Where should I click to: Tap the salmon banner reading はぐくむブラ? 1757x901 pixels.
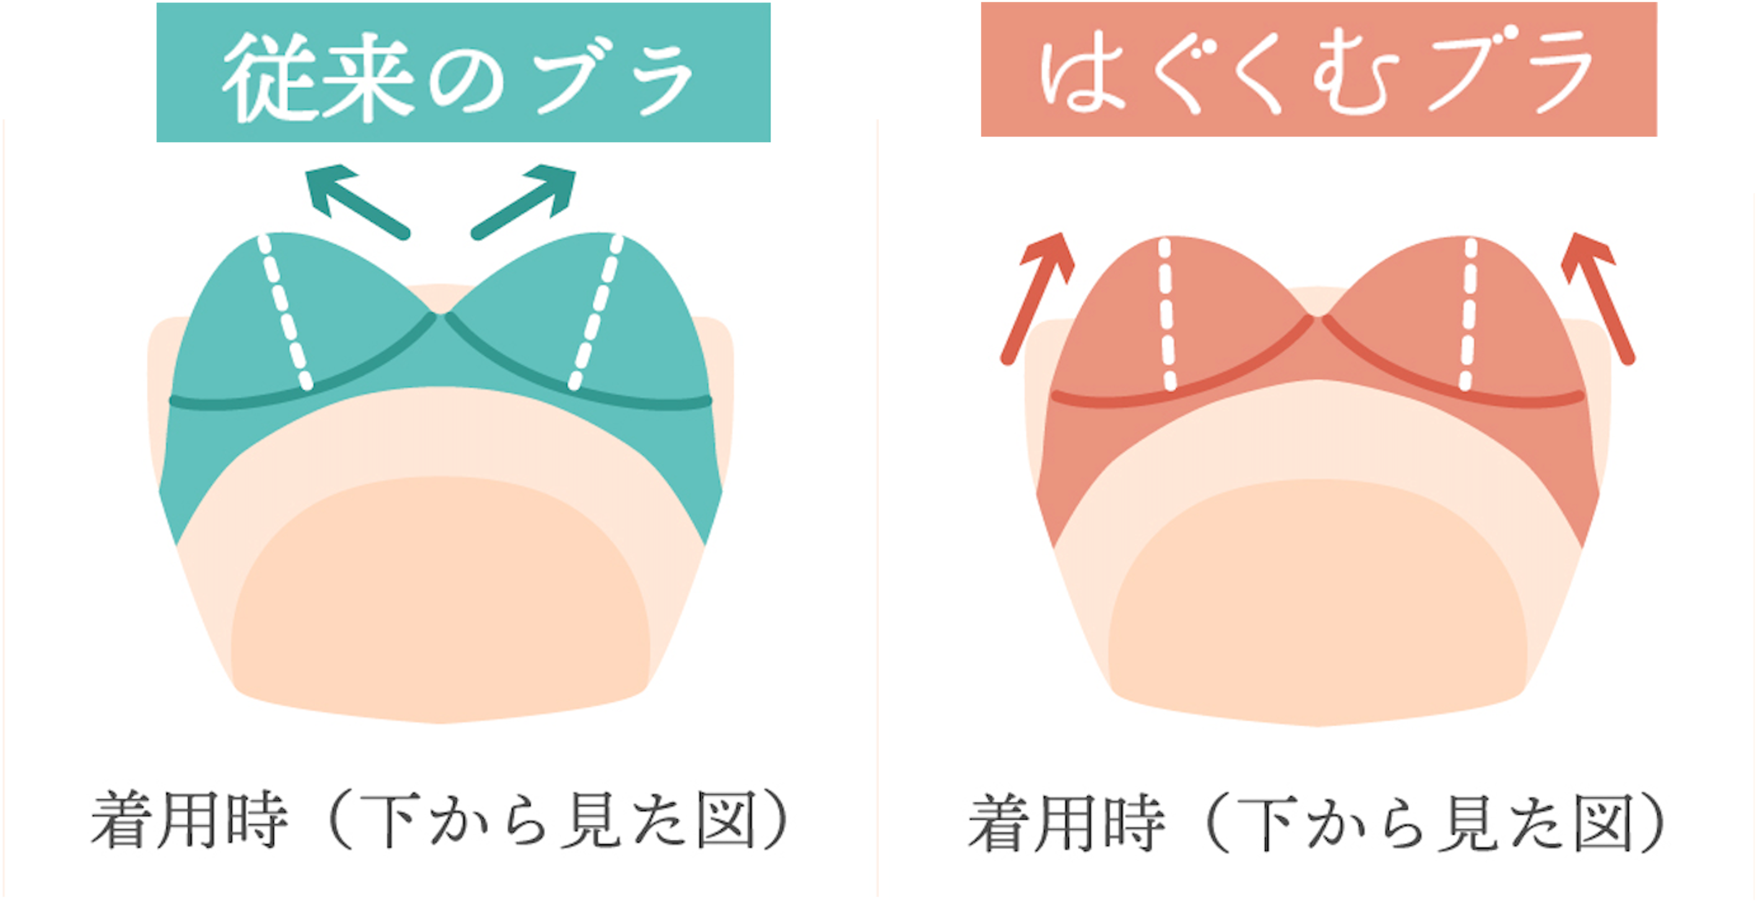click(x=1318, y=69)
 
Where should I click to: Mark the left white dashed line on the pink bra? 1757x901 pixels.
click(x=1167, y=314)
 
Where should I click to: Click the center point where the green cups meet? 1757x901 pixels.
click(x=440, y=315)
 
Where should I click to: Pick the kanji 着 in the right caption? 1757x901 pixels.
click(x=998, y=823)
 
